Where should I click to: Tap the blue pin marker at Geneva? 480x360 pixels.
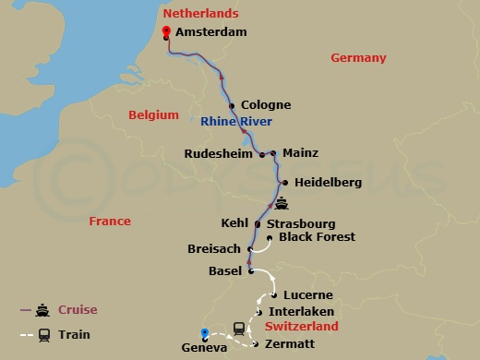pos(205,333)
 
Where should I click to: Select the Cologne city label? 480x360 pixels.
pos(265,105)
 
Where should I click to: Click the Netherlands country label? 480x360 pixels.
pos(200,14)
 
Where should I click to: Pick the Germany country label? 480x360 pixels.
pos(358,58)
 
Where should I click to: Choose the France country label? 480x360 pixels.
pos(109,222)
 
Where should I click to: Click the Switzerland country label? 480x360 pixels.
pos(302,327)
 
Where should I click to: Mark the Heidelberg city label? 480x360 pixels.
pos(328,183)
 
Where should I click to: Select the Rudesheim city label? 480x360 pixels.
pos(218,154)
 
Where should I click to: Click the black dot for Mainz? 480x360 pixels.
pos(274,154)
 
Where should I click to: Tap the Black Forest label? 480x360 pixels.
pos(317,237)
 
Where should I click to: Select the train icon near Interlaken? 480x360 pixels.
pos(239,327)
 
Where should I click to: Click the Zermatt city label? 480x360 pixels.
pos(290,344)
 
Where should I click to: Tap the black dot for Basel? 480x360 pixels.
pos(251,270)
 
